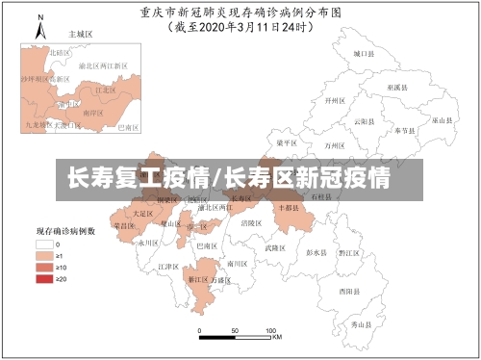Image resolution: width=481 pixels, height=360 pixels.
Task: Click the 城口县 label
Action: pyautogui.click(x=363, y=55)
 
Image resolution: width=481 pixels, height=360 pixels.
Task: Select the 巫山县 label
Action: pyautogui.click(x=442, y=120)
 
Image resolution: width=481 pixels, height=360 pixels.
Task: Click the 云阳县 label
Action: pyautogui.click(x=364, y=121)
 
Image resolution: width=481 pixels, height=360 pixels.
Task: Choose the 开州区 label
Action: pyautogui.click(x=335, y=100)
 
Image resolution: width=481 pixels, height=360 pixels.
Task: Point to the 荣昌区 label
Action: pyautogui.click(x=124, y=225)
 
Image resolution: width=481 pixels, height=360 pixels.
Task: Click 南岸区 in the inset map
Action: pyautogui.click(x=93, y=113)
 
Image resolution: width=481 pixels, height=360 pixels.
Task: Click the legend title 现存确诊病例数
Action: pyautogui.click(x=65, y=232)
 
